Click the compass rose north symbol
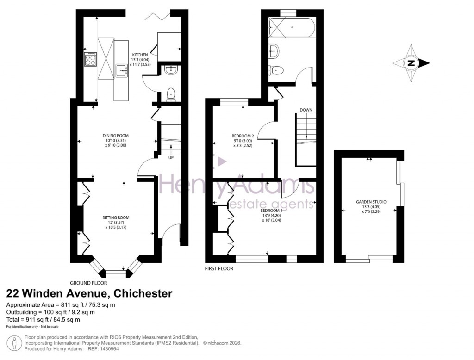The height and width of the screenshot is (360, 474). point(411,63)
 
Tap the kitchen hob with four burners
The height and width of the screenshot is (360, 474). point(90,59)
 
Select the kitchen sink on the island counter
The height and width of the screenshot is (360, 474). point(121,70)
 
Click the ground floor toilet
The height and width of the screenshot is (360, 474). point(171,94)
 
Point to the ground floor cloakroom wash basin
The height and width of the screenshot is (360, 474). point(170,71)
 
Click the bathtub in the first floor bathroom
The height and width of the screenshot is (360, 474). point(292,27)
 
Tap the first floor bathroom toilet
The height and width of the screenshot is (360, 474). point(277,71)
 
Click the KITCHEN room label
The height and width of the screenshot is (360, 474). point(140,55)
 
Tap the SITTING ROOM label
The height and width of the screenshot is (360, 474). point(116,217)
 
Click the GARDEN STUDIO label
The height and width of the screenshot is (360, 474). point(371,202)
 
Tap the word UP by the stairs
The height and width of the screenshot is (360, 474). point(171,157)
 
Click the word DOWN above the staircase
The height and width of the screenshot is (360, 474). point(306,110)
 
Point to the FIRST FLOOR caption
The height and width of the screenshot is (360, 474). point(219,268)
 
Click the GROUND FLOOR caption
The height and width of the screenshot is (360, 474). point(88,283)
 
